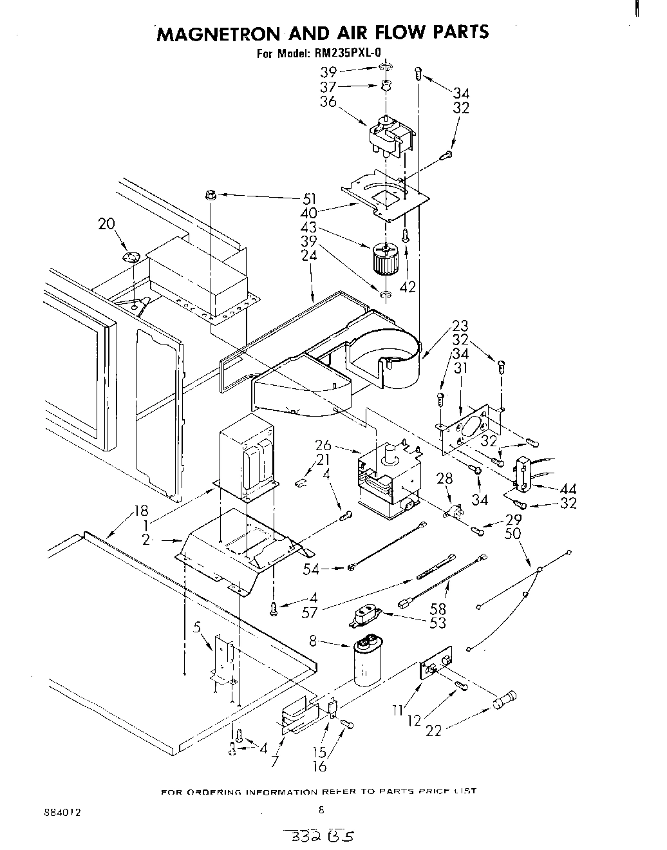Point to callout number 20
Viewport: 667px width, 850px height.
[x=107, y=223]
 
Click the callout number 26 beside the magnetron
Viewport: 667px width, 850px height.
[x=323, y=445]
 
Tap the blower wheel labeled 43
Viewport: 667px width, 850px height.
[x=385, y=260]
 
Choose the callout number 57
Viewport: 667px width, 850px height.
[x=310, y=612]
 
